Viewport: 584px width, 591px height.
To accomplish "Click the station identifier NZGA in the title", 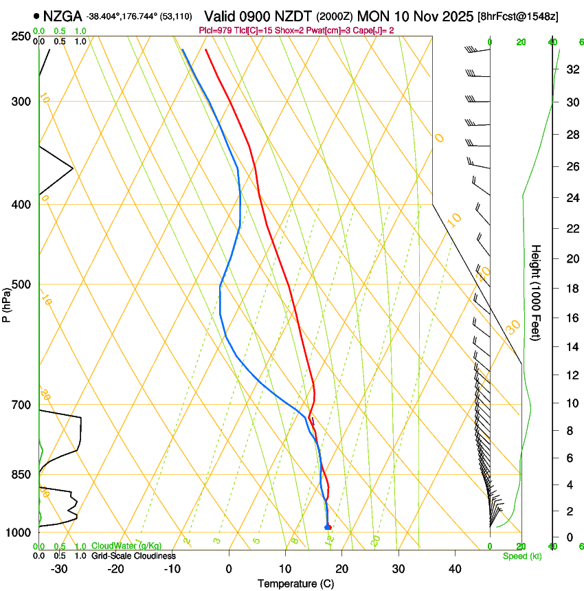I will [63, 16].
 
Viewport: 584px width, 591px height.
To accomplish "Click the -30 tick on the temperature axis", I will [59, 568].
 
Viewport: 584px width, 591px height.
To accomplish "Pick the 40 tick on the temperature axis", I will [454, 568].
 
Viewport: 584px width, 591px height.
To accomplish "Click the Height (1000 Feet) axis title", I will [537, 292].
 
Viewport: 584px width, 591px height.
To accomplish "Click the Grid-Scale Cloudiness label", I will [133, 556].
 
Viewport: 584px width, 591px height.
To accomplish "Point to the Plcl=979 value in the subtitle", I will [216, 30].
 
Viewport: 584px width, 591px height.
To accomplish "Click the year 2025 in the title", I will [453, 16].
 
